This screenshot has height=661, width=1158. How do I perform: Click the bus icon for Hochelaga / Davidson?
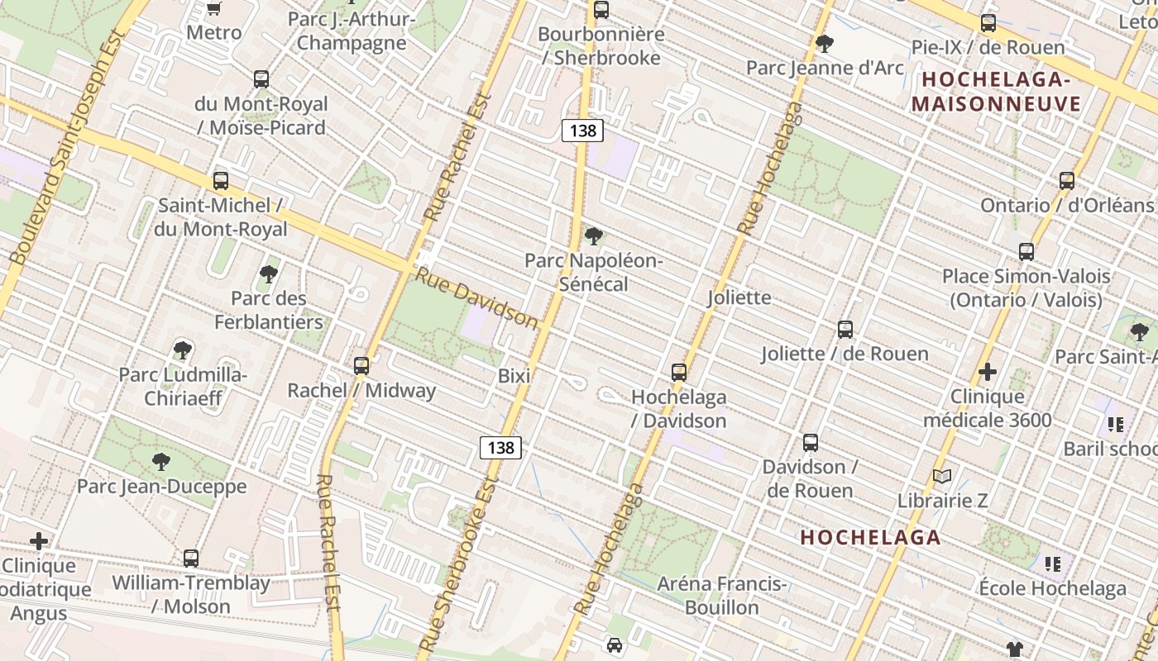[679, 372]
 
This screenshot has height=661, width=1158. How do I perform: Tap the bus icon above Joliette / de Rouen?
[845, 330]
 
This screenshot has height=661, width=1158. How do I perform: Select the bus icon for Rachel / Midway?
[361, 365]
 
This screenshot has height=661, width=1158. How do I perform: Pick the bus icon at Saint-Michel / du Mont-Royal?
[221, 181]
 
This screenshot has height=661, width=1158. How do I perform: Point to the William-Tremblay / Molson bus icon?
[191, 559]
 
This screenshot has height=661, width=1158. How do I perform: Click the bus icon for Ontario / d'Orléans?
[1067, 181]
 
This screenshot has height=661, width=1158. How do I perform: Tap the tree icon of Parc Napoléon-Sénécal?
[593, 237]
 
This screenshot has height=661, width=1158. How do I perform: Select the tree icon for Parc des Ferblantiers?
[268, 274]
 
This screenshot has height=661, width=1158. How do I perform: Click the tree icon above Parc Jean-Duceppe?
[161, 462]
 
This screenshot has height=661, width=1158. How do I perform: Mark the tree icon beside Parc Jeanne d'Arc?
[824, 43]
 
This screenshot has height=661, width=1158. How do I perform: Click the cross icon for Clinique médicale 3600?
[987, 372]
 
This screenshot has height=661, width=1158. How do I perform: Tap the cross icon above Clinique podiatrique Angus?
[39, 541]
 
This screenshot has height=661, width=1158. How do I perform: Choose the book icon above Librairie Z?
[942, 476]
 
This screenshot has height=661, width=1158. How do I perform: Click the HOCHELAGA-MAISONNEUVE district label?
[996, 92]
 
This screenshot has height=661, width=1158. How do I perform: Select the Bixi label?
[514, 376]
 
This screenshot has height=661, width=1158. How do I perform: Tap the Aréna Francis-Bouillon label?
[721, 596]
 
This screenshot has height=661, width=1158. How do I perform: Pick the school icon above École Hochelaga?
[1053, 564]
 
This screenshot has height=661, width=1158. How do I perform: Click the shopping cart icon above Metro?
[213, 8]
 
